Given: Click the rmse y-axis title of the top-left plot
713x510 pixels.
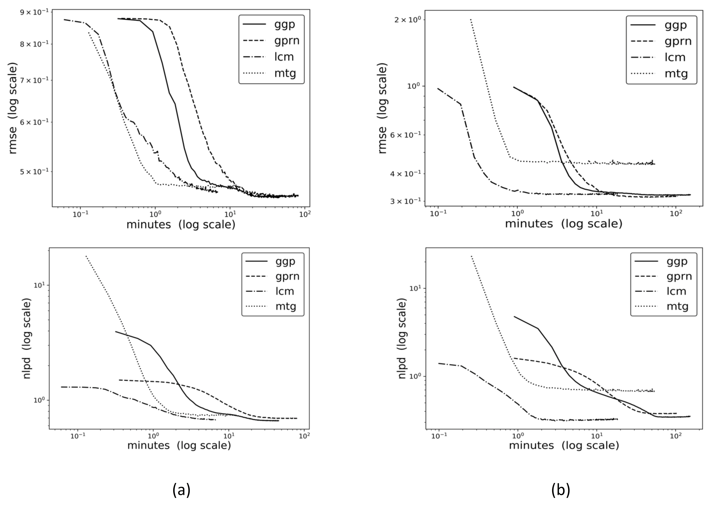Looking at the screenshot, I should tap(13, 108).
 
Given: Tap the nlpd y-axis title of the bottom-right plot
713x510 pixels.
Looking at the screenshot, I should tap(402, 338).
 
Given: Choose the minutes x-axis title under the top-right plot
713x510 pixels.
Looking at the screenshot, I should tap(563, 224).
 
